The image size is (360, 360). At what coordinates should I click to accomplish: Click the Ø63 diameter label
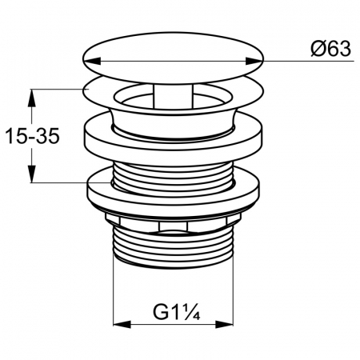(330, 50)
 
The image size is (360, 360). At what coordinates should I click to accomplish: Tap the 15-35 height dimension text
(32, 136)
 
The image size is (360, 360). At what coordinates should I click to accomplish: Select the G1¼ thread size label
(176, 312)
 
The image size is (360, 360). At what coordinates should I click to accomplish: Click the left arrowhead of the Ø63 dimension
(92, 61)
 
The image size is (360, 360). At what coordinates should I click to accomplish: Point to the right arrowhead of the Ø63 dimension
(254, 61)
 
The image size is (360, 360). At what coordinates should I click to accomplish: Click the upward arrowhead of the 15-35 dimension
(32, 98)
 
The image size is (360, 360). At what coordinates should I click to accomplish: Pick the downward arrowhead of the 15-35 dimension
(32, 174)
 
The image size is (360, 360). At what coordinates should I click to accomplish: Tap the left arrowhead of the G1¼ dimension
(122, 325)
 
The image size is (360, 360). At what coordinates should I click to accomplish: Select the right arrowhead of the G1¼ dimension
(224, 325)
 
